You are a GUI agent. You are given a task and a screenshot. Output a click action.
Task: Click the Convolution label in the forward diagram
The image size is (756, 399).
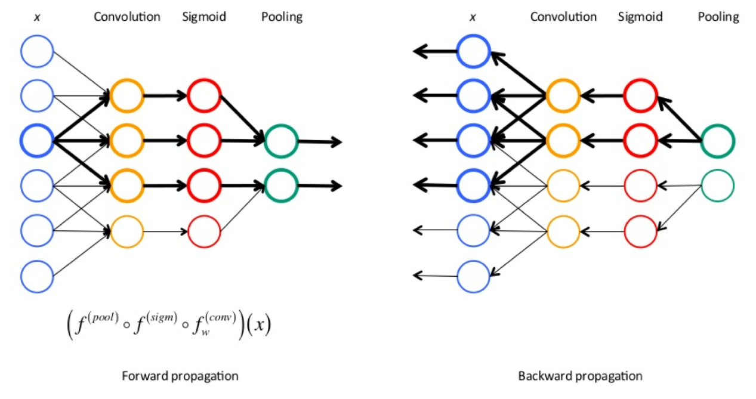pyautogui.click(x=126, y=17)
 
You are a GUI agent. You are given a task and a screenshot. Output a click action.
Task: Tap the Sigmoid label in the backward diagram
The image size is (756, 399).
pyautogui.click(x=640, y=17)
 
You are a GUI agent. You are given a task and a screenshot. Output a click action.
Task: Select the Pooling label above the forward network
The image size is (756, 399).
pyautogui.click(x=282, y=17)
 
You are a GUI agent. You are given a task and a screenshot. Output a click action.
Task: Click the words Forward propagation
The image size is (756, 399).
pyautogui.click(x=180, y=376)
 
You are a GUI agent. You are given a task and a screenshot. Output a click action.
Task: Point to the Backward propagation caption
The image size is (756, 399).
pyautogui.click(x=580, y=376)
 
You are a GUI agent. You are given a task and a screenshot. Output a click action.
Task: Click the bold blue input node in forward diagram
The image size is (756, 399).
pyautogui.click(x=37, y=141)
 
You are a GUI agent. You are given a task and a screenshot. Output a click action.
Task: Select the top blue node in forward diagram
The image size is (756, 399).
pyautogui.click(x=37, y=51)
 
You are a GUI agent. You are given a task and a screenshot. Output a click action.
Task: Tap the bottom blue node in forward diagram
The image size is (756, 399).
pyautogui.click(x=37, y=275)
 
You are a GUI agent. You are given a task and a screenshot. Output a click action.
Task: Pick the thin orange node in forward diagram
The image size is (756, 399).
pyautogui.click(x=126, y=230)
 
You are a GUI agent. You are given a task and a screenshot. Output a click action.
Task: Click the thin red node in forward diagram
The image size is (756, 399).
pyautogui.click(x=204, y=230)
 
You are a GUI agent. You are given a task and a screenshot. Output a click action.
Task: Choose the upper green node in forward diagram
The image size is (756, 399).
pyautogui.click(x=280, y=141)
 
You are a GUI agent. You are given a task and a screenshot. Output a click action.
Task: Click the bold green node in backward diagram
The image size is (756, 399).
pyautogui.click(x=717, y=141)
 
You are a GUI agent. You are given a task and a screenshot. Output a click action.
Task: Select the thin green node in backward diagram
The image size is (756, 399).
pyautogui.click(x=717, y=185)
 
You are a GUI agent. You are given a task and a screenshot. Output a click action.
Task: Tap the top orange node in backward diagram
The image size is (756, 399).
pyautogui.click(x=563, y=95)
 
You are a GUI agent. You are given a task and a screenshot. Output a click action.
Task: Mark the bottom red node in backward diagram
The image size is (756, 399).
pyautogui.click(x=640, y=230)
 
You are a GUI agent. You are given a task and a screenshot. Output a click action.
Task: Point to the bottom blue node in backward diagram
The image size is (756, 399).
pyautogui.click(x=474, y=275)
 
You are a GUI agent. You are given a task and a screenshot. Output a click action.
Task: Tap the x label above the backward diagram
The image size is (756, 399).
pyautogui.click(x=473, y=17)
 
